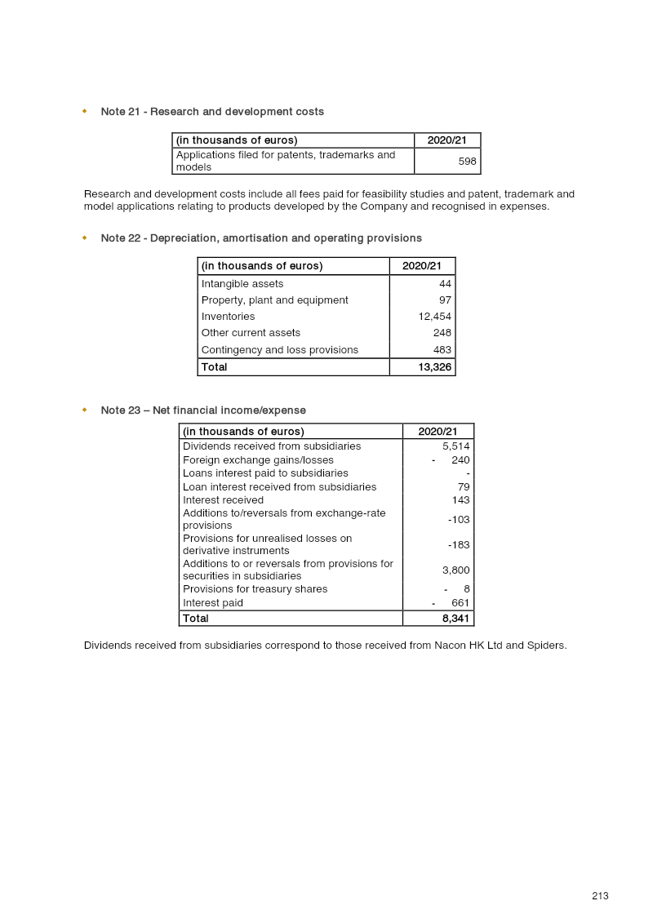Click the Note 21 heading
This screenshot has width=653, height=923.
[212, 112]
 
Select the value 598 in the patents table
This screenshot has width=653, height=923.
[467, 162]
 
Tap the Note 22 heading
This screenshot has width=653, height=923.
[261, 238]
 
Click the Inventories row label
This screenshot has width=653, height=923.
[228, 317]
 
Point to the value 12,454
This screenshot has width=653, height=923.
[434, 317]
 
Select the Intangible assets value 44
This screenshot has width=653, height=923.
[445, 284]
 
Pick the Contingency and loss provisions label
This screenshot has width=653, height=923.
[280, 350]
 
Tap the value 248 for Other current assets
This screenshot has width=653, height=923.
[442, 333]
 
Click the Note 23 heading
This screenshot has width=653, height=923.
[203, 410]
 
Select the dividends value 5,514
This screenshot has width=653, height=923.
[455, 446]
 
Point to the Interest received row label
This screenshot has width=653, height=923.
[223, 500]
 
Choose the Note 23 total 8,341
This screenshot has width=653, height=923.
[455, 619]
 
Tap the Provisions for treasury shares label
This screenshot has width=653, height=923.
[255, 589]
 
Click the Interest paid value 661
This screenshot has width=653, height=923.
[460, 603]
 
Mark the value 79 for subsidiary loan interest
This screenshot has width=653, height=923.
[464, 487]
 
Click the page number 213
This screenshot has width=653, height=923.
[600, 896]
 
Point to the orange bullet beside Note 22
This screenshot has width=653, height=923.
[84, 238]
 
